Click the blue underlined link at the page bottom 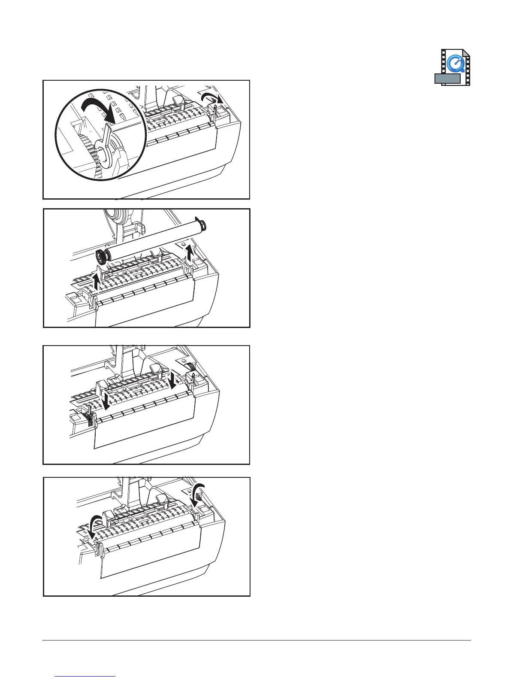click(x=86, y=677)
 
